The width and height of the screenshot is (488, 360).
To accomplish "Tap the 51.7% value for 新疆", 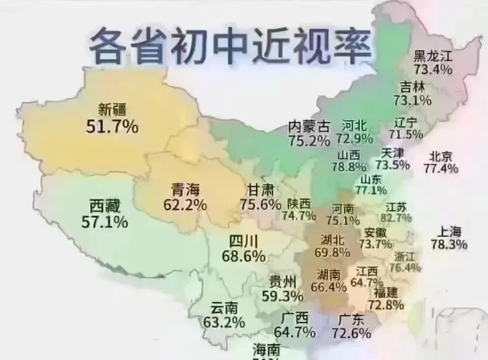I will pos(112,127).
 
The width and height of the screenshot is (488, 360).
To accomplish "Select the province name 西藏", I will pos(104,206).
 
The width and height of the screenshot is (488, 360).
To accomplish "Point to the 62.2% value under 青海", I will pos(185,205).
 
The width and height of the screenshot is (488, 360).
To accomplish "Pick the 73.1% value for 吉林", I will pos(412,100).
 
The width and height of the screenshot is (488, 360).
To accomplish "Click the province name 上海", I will pos(448,231).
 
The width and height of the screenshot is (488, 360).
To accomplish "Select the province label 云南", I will pos(224,308).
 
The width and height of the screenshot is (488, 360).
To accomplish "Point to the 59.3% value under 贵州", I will pos(283,295).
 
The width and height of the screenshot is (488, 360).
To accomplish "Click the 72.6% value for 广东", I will pos(351,333).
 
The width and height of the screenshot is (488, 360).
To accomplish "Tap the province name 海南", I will pos(266,349).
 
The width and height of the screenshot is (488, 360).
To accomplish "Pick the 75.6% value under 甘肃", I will pos(260,204).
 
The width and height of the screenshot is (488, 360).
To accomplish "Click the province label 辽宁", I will pos(406,123).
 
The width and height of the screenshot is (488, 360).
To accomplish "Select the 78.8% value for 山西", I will pos(349,166).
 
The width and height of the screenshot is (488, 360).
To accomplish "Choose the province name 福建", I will pos(386,292).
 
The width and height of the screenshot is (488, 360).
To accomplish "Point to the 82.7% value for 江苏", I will pos(396,218).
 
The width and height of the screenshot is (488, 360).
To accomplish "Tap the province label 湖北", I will pos(332,239).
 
